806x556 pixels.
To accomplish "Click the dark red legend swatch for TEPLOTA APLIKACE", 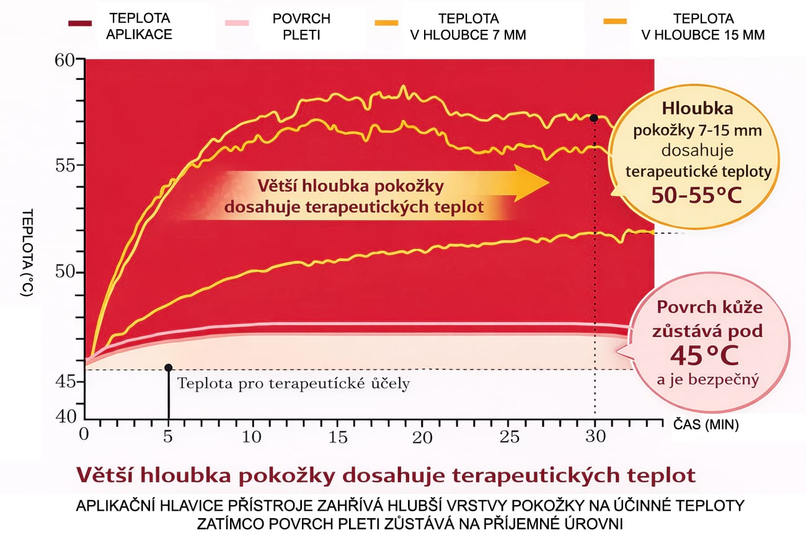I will [x=81, y=24].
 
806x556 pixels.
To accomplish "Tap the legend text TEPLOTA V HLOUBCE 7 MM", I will [x=467, y=27].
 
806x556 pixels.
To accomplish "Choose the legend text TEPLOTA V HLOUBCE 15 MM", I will [x=702, y=27].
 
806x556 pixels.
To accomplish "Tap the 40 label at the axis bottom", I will [x=65, y=415].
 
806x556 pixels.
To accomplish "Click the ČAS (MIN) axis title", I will [x=706, y=426].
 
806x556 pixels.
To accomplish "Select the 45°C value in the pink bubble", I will [x=707, y=355].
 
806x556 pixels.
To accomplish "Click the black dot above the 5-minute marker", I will [x=168, y=367].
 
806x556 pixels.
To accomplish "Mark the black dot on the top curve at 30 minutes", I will [x=594, y=118].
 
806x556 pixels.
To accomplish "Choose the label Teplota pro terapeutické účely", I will [x=293, y=383].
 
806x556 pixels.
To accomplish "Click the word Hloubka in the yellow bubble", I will [x=697, y=109].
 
